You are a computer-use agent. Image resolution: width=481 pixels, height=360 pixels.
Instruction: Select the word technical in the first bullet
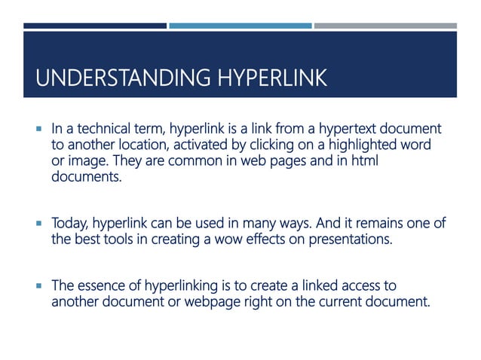[x=103, y=129]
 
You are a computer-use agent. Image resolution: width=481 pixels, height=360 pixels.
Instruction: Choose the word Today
[x=69, y=224]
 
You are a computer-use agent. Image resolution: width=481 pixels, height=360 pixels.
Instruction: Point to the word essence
[x=98, y=286]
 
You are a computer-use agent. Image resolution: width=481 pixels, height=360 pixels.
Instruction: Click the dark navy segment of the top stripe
[x=95, y=26]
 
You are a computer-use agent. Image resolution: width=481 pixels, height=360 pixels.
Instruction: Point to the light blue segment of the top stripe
[x=240, y=26]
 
